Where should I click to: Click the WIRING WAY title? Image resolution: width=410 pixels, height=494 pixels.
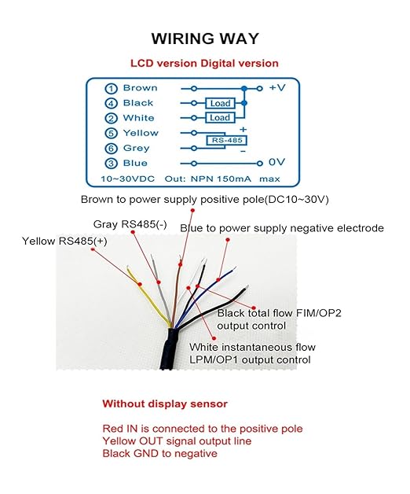(205, 39)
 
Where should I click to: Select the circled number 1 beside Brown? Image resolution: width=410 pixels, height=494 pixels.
(111, 89)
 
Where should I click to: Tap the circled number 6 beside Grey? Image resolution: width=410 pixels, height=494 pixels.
(111, 149)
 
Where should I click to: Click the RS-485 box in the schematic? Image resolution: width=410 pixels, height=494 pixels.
(226, 140)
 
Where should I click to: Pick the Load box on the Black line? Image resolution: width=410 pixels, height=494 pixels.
(220, 103)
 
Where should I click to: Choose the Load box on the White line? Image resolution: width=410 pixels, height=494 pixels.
(220, 117)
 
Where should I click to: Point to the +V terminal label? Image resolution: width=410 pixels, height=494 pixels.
(277, 87)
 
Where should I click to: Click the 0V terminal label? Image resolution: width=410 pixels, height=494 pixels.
(277, 162)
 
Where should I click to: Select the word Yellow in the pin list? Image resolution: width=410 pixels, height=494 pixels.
(141, 133)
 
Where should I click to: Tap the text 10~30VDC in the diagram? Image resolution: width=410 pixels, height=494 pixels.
(128, 179)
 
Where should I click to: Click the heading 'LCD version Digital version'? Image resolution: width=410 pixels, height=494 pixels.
(204, 64)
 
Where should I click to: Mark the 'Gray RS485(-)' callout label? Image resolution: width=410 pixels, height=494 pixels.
(130, 224)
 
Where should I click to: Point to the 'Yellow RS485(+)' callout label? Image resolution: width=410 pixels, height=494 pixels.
(64, 241)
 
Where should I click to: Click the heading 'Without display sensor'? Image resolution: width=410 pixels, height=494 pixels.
(165, 404)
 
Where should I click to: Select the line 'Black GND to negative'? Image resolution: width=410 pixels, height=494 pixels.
(160, 454)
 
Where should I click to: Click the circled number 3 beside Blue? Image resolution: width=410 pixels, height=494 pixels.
(111, 164)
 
